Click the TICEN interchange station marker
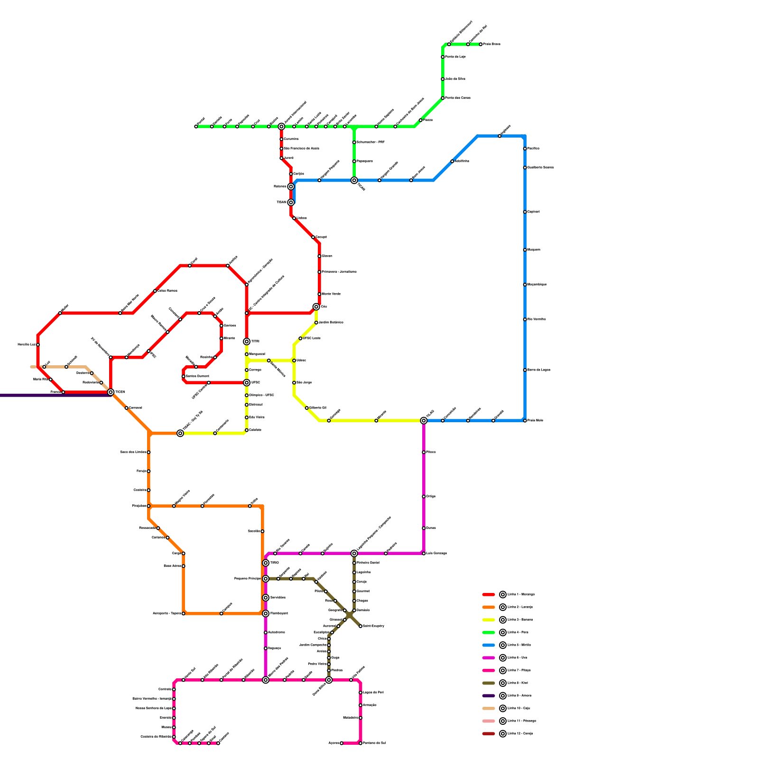[x=111, y=392]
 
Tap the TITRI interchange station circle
[x=247, y=342]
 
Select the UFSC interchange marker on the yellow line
[x=247, y=383]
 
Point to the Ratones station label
[x=280, y=186]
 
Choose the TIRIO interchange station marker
[x=266, y=563]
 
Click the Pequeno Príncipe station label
[x=248, y=579]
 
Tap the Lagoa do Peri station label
[x=373, y=693]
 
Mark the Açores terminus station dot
[x=342, y=743]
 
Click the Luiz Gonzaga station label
[x=436, y=554]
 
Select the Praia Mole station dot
[x=525, y=421]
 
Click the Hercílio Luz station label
[x=27, y=345]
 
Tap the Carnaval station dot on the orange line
[x=127, y=408]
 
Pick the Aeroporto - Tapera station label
[x=167, y=614]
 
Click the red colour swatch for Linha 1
[x=489, y=594]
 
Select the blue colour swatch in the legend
[x=489, y=645]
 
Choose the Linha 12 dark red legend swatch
[x=489, y=734]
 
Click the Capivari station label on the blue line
[x=534, y=212]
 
